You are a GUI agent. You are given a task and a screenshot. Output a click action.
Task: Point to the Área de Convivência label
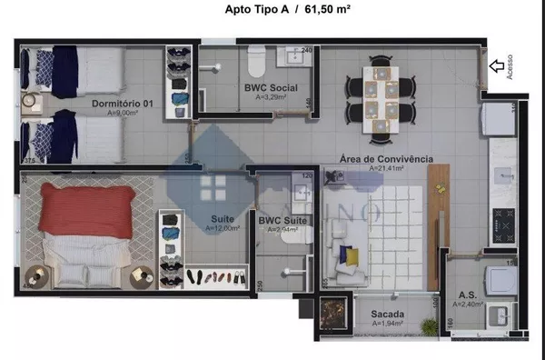(x=385, y=158)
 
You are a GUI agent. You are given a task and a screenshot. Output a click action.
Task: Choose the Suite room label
(x=222, y=219)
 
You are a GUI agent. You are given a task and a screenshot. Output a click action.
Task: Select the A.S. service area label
(x=468, y=295)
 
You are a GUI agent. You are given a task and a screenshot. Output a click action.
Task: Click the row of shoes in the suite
(x=215, y=276)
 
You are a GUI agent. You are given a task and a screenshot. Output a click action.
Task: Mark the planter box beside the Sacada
(x=332, y=314)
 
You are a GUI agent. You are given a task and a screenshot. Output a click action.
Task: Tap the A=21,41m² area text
(x=387, y=168)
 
